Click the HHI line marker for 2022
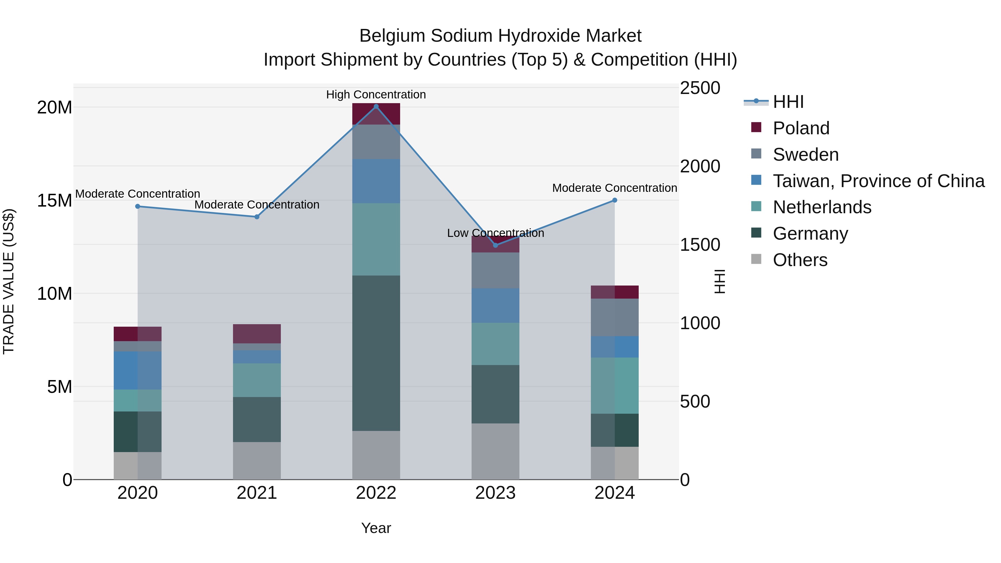coord(376,106)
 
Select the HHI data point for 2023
coord(495,245)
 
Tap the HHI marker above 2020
coord(138,206)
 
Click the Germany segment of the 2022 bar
coord(376,353)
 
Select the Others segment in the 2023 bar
coord(495,451)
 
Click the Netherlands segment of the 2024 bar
coord(614,385)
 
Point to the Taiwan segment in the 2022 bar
coord(376,181)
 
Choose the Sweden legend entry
coord(805,155)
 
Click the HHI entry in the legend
coord(788,102)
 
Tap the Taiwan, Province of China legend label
coord(878,181)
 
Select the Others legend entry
coord(800,260)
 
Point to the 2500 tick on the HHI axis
coord(700,88)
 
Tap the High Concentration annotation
coord(376,95)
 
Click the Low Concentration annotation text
coord(495,233)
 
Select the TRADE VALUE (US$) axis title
coord(9,281)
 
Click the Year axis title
coord(376,528)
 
